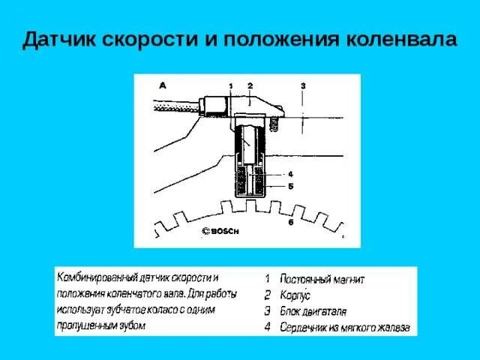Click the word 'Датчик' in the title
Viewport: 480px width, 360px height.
tap(57, 39)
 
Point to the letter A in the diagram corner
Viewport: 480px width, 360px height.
tap(162, 85)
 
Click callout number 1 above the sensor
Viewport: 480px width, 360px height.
tap(232, 86)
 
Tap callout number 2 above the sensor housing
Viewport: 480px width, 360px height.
tap(250, 85)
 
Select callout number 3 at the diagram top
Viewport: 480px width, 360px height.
tap(302, 85)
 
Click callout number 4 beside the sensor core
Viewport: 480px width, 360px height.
tap(289, 174)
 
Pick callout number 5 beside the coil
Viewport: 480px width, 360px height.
tap(289, 185)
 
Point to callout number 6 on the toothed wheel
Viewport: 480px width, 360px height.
tap(289, 223)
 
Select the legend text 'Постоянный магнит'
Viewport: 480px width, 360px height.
tap(322, 280)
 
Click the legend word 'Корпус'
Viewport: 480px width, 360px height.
tap(295, 295)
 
